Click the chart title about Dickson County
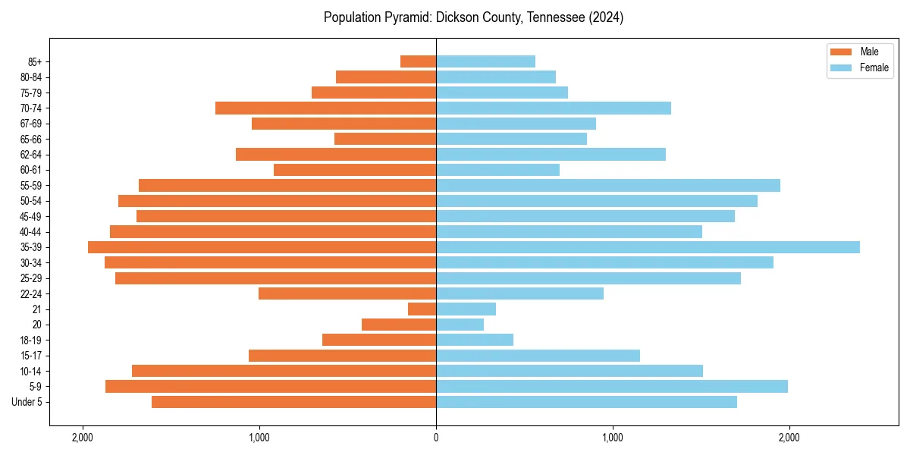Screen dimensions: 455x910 coord(473,17)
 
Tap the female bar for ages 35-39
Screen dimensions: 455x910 coord(648,247)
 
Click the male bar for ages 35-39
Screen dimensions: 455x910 coord(262,247)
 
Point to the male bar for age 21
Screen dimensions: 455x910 coord(422,309)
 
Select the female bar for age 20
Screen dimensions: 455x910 coord(460,325)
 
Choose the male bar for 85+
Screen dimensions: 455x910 coord(418,61)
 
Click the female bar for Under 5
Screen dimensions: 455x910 coord(586,402)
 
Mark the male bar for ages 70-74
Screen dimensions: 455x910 coord(325,108)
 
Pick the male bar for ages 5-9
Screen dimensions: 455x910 coord(271,386)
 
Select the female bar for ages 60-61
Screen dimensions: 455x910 coord(497,170)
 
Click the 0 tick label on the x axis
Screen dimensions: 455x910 coord(436,438)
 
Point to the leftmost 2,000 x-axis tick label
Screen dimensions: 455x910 coord(83,438)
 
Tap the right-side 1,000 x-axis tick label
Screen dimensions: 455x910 coord(613,438)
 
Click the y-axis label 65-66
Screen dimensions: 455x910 coord(31,139)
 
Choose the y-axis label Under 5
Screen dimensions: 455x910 coord(27,402)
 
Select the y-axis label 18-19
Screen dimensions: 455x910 coord(31,340)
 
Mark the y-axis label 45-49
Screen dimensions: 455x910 coord(31,216)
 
